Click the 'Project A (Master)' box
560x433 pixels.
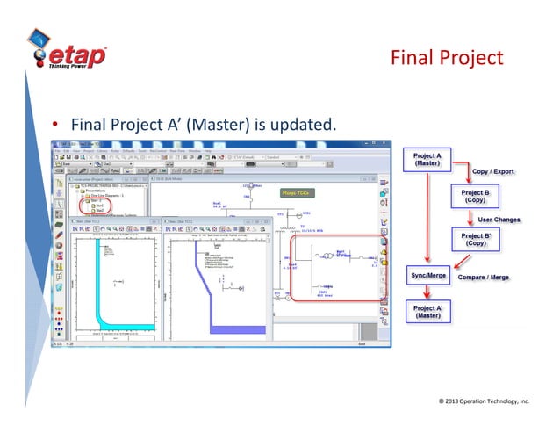point(427,161)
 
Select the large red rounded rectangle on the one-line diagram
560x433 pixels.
point(337,267)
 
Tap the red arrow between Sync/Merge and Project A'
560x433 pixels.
point(428,294)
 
